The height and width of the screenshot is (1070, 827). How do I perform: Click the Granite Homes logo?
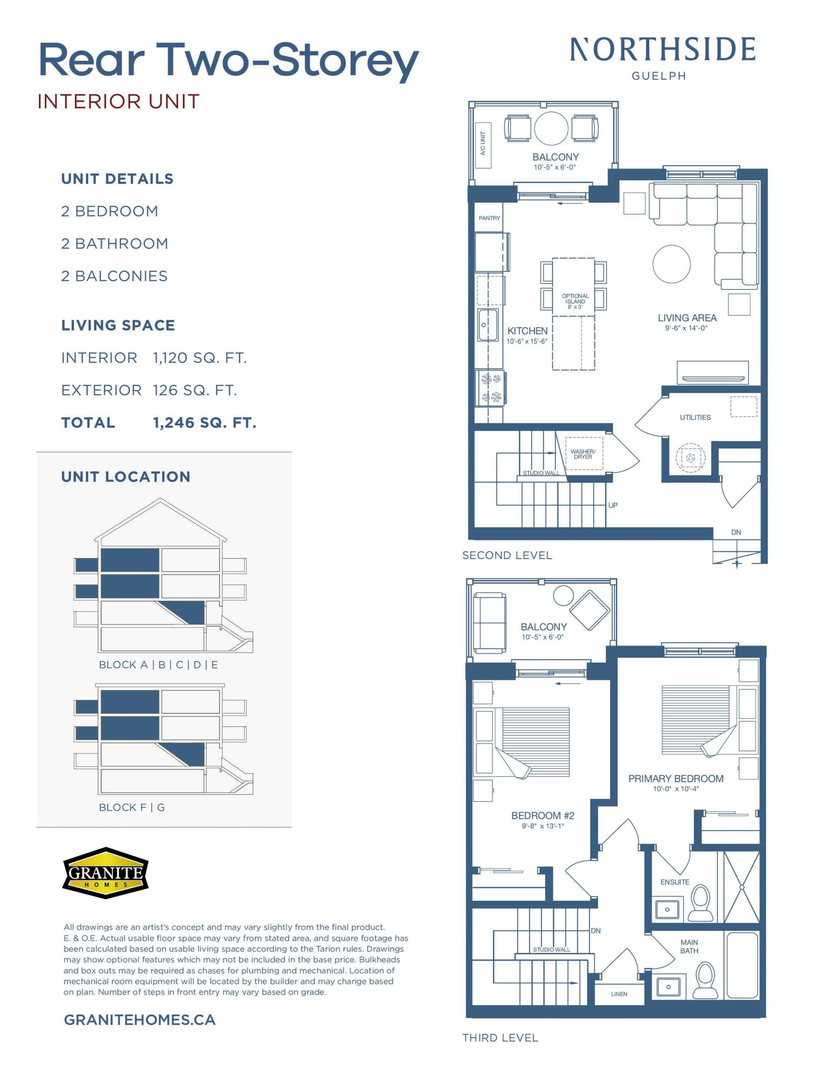point(105,873)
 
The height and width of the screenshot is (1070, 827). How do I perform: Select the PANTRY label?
point(489,218)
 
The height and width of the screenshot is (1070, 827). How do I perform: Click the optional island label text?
point(575,301)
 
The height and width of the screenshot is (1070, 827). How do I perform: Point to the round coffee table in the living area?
point(671,264)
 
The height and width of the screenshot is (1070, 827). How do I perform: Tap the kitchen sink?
point(488,325)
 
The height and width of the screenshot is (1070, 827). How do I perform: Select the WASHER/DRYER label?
point(583,454)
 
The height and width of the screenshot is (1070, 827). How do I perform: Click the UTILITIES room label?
point(695,418)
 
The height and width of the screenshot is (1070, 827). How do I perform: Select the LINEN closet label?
point(619,994)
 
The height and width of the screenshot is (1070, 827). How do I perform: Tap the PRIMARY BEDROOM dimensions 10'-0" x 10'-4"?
point(676,789)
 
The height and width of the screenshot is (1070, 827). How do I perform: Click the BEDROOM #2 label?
point(543,816)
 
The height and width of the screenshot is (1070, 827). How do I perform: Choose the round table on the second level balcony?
point(551,128)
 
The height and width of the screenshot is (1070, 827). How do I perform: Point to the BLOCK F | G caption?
point(132,808)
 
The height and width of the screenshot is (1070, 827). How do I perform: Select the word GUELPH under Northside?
point(659,76)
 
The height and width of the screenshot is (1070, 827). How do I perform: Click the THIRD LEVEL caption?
point(500,1038)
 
